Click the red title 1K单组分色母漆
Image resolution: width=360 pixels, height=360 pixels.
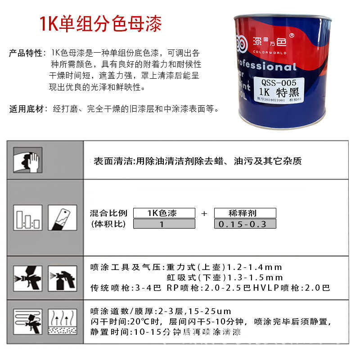(x=100, y=23)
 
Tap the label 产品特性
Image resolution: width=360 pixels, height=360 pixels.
(x=25, y=53)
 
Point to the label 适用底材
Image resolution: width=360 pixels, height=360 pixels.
(x=25, y=109)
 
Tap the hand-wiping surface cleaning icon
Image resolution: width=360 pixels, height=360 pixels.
(x=28, y=160)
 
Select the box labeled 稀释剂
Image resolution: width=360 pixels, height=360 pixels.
(x=245, y=213)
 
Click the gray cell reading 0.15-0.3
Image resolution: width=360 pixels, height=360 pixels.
(x=245, y=224)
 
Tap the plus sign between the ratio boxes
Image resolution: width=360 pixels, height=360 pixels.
(x=204, y=214)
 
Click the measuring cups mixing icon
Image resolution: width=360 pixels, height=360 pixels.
(x=28, y=218)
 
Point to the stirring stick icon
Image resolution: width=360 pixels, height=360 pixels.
(x=62, y=218)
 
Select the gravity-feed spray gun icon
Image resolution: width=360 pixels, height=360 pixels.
(x=28, y=278)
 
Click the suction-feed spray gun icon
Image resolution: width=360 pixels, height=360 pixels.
(x=62, y=278)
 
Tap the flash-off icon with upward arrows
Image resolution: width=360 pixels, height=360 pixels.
(x=62, y=321)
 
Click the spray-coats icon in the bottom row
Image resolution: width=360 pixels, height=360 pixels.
(x=28, y=321)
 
